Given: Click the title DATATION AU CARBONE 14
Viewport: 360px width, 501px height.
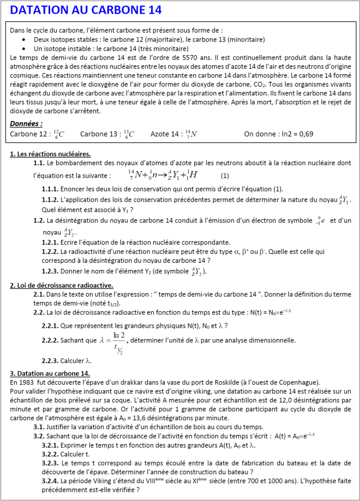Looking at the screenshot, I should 86,10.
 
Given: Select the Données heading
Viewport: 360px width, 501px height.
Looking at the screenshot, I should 26,123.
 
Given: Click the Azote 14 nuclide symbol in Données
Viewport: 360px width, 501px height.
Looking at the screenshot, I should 191,134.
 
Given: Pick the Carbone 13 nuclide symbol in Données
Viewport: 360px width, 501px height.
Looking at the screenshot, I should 129,134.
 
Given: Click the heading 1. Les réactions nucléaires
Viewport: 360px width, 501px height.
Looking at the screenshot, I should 50,154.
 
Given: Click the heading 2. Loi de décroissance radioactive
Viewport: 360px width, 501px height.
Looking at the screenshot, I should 62,285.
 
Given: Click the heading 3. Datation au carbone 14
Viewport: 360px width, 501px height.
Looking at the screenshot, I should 50,373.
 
